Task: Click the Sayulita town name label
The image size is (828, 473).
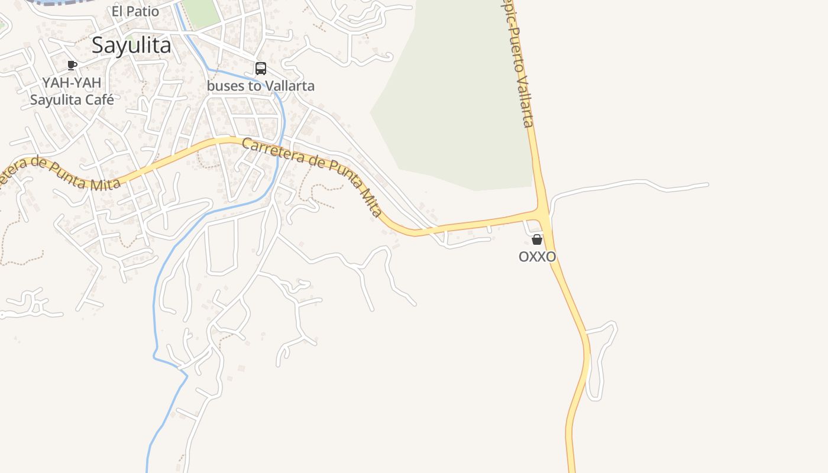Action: (x=131, y=46)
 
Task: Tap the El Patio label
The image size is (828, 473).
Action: (x=135, y=11)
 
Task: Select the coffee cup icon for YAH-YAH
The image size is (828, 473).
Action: (x=72, y=65)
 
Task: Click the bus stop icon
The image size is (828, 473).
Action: (x=261, y=69)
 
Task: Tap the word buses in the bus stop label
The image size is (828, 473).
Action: (x=224, y=86)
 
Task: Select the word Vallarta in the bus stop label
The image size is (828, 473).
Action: (x=289, y=86)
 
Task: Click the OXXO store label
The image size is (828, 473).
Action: (x=537, y=257)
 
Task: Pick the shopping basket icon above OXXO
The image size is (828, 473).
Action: (x=537, y=239)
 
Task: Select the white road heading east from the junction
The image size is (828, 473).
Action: (x=627, y=184)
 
